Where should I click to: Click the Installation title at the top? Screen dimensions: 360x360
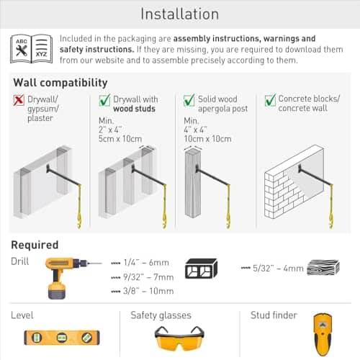180,14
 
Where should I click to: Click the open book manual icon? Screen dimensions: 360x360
31,48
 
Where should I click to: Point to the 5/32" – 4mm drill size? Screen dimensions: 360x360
275,268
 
